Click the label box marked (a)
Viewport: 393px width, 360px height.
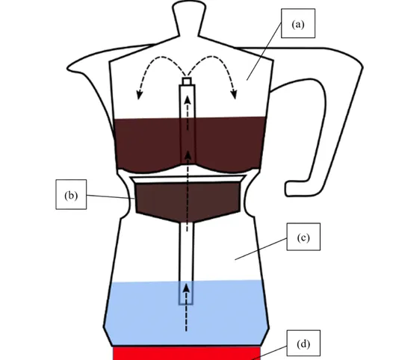[x=298, y=23]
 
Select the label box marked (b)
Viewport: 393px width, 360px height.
[x=71, y=194]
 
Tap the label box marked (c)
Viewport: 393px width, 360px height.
[x=303, y=237]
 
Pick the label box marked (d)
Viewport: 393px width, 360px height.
[x=303, y=344]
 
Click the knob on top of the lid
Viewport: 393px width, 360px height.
[x=189, y=17]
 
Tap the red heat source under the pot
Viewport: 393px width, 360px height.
[x=187, y=353]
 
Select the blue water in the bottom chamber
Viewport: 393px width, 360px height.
[x=187, y=313]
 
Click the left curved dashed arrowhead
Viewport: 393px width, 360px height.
[x=139, y=95]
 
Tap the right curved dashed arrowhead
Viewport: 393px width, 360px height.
[x=234, y=94]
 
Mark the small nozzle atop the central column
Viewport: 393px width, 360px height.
[x=187, y=81]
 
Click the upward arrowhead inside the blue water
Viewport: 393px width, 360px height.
[x=186, y=288]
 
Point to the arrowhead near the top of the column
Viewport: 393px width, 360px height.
[x=188, y=99]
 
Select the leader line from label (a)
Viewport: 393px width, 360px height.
[x=264, y=52]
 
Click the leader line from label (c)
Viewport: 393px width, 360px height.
[x=261, y=249]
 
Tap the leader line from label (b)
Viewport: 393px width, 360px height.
[x=111, y=196]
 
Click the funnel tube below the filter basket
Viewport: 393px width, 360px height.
[x=186, y=263]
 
